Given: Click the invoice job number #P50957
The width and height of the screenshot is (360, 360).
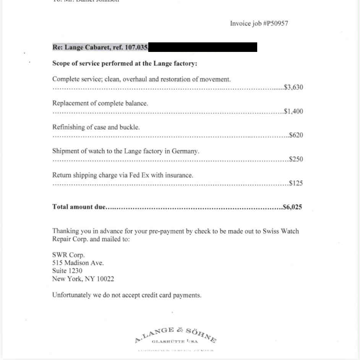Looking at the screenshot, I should click(x=276, y=24).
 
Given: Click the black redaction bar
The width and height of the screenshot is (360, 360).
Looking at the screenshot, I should click(x=203, y=47).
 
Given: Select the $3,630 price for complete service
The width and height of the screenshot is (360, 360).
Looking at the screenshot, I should click(x=294, y=87).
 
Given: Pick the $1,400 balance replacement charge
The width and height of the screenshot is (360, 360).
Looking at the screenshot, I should click(x=294, y=111).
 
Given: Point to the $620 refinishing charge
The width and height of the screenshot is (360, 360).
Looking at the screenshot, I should click(x=296, y=135).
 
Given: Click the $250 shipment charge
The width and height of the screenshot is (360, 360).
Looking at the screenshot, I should click(x=296, y=159).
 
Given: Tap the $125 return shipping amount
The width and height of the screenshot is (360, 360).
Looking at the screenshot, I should click(x=296, y=183).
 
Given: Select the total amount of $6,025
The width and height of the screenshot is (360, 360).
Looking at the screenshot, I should click(x=292, y=207).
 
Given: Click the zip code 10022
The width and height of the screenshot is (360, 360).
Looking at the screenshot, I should click(x=105, y=279).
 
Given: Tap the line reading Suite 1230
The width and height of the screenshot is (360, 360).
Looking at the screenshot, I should click(x=67, y=271).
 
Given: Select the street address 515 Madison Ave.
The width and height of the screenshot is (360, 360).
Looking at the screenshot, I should click(x=78, y=263).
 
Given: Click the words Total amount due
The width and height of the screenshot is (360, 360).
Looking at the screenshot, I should click(x=78, y=207).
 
